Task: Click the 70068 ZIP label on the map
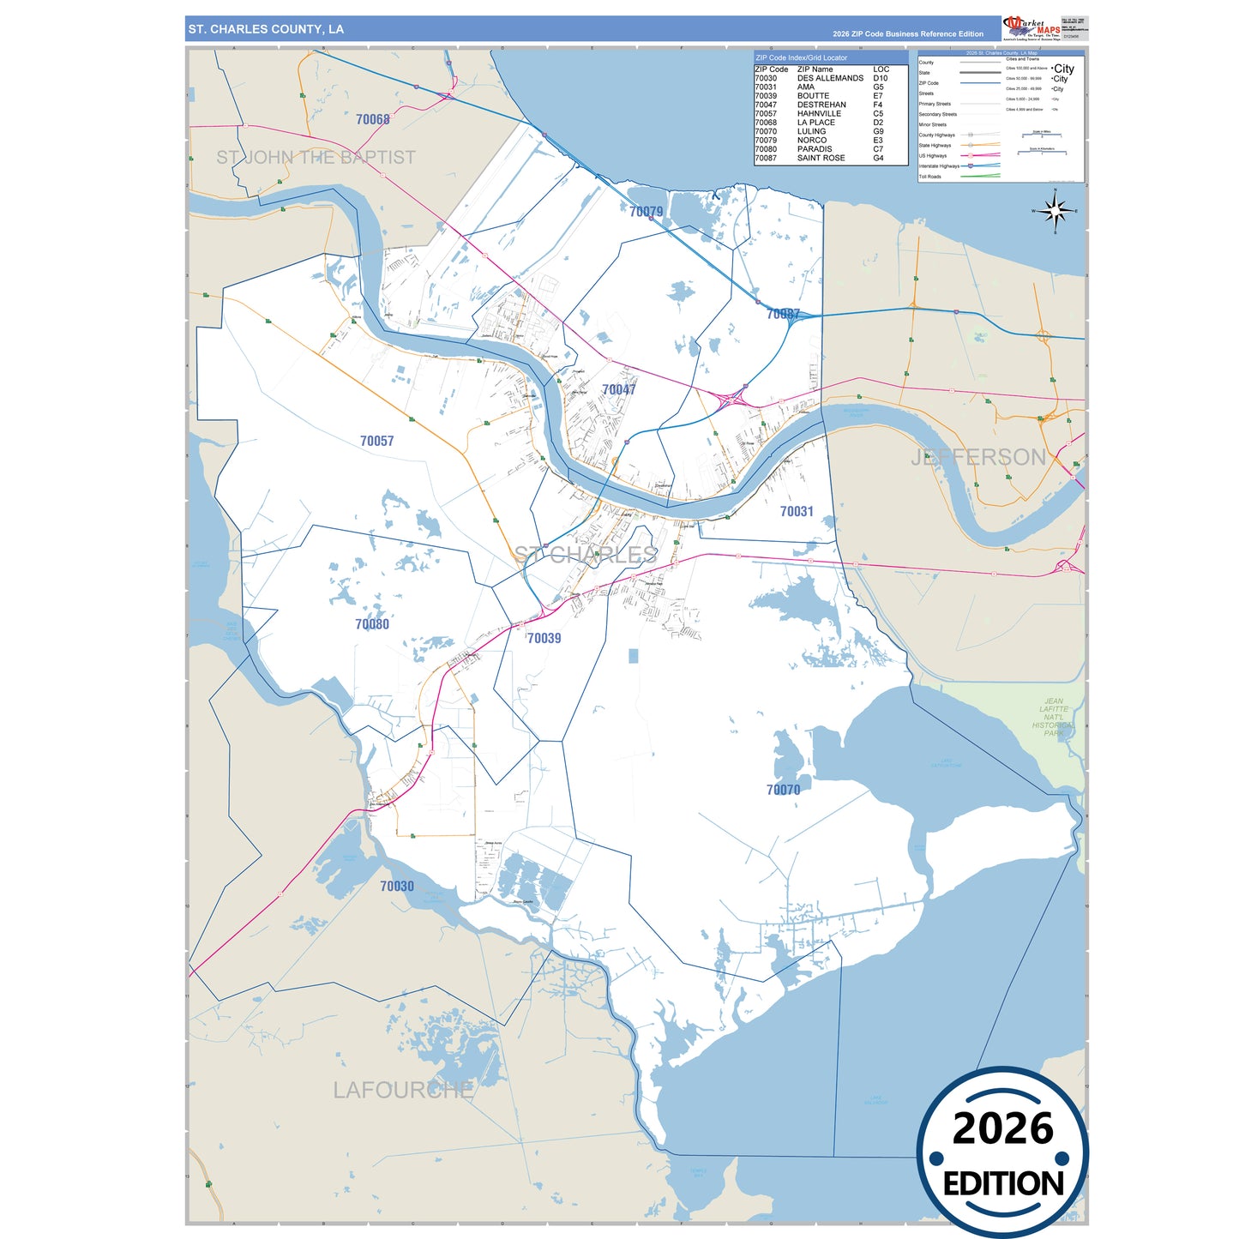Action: tap(373, 120)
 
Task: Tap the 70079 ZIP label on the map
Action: tap(646, 212)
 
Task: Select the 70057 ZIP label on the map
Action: tap(376, 441)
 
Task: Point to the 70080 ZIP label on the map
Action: tap(372, 624)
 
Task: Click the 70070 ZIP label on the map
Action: tap(783, 790)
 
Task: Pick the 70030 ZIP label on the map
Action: tap(397, 887)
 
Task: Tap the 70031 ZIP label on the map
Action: tap(797, 512)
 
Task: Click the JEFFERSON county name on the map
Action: tap(978, 457)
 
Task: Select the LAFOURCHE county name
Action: tap(403, 1090)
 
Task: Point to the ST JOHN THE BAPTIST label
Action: tap(316, 158)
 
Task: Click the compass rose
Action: tap(1056, 211)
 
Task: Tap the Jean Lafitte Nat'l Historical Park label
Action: tap(1054, 717)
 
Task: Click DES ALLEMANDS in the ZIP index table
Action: tap(830, 78)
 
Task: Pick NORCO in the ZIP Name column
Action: tap(812, 140)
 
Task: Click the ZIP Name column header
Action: tap(815, 69)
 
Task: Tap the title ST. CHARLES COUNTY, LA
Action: tap(266, 29)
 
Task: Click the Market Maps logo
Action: tap(1031, 28)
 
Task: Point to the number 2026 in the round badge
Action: tap(1002, 1128)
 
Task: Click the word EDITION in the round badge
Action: tap(1002, 1184)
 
